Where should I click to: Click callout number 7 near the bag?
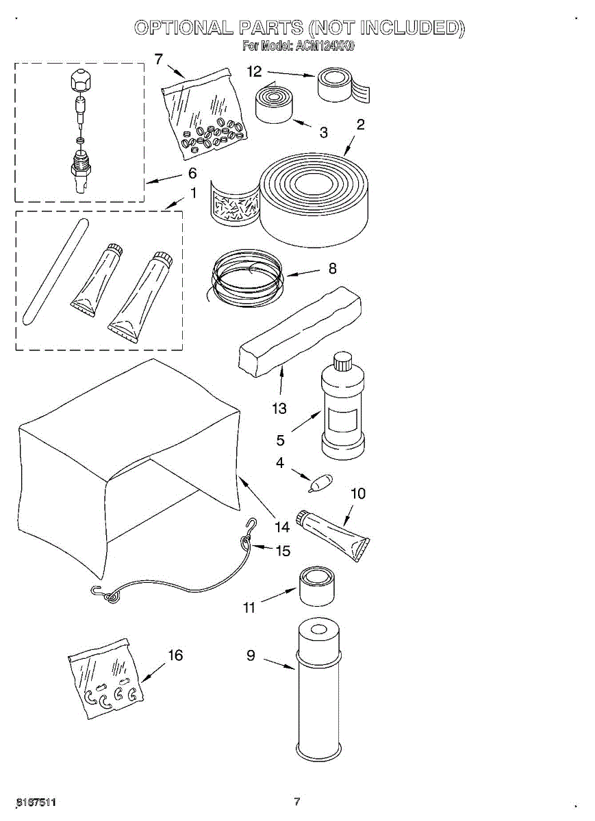[x=159, y=60]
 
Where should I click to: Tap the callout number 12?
[x=255, y=70]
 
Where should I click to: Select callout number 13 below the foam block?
[x=279, y=408]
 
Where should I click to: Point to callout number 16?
[x=175, y=655]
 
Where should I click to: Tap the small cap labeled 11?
[x=316, y=586]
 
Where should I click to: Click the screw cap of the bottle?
[x=341, y=360]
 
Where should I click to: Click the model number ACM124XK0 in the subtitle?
[x=325, y=47]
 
